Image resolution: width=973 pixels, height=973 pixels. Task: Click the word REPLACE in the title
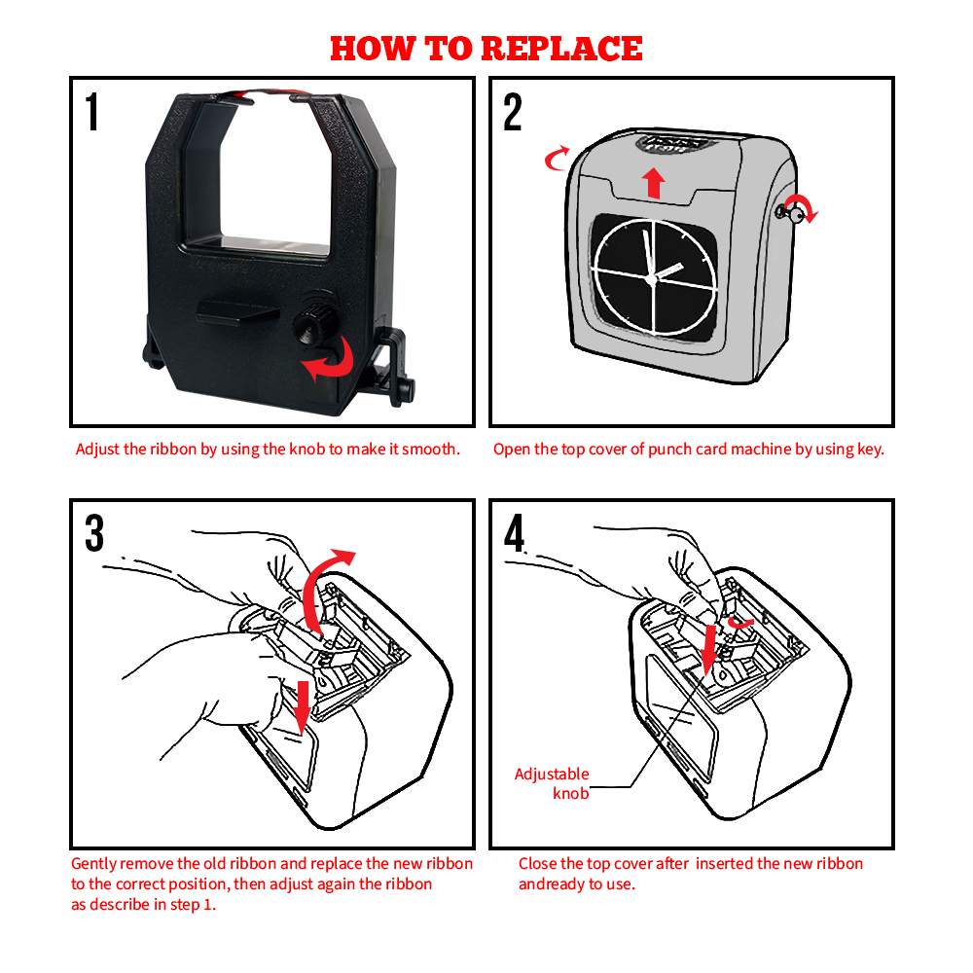pyautogui.click(x=561, y=49)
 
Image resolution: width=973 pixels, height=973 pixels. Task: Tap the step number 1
pyautogui.click(x=92, y=112)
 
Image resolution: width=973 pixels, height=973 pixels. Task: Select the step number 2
pyautogui.click(x=513, y=112)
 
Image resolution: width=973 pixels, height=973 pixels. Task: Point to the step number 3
pyautogui.click(x=94, y=532)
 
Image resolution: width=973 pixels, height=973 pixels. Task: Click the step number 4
pyautogui.click(x=515, y=532)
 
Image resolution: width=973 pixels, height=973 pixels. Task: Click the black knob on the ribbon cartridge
pyautogui.click(x=314, y=319)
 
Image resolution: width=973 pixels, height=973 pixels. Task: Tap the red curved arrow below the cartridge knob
pyautogui.click(x=329, y=360)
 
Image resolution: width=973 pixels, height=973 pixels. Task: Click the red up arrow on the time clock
pyautogui.click(x=654, y=183)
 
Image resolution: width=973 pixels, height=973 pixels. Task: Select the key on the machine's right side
pyautogui.click(x=788, y=213)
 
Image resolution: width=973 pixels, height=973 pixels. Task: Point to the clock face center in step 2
pyautogui.click(x=651, y=279)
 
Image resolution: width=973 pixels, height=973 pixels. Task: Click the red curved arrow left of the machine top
pyautogui.click(x=557, y=159)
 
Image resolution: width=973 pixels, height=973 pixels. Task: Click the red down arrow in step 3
pyautogui.click(x=303, y=705)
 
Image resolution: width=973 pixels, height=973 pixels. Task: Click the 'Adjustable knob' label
pyautogui.click(x=552, y=783)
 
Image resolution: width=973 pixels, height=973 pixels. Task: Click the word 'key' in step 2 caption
pyautogui.click(x=871, y=450)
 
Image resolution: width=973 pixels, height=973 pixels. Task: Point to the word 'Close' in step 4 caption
pyautogui.click(x=538, y=863)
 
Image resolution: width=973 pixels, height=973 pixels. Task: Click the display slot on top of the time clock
pyautogui.click(x=675, y=143)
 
